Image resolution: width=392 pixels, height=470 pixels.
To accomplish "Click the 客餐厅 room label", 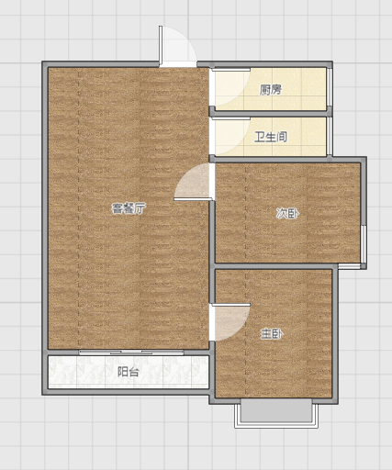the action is point(129,208).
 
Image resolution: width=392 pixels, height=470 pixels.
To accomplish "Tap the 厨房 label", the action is point(271,90).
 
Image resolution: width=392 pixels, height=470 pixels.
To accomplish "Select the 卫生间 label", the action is point(271,137).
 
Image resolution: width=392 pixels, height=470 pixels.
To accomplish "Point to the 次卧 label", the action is point(287,213).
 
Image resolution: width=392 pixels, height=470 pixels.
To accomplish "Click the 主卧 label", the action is point(272,334).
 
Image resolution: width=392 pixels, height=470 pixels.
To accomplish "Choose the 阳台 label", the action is point(129,372).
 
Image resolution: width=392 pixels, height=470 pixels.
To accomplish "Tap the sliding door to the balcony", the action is point(131,352).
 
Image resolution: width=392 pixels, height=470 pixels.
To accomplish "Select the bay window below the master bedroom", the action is point(276,413).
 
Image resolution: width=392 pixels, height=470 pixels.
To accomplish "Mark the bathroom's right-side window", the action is point(330,136).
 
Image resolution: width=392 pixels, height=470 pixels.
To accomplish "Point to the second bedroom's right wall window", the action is point(364,244).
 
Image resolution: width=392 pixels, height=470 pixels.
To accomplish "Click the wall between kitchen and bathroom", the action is point(271,114).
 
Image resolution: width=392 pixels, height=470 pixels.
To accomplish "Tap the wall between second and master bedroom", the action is point(274,266).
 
